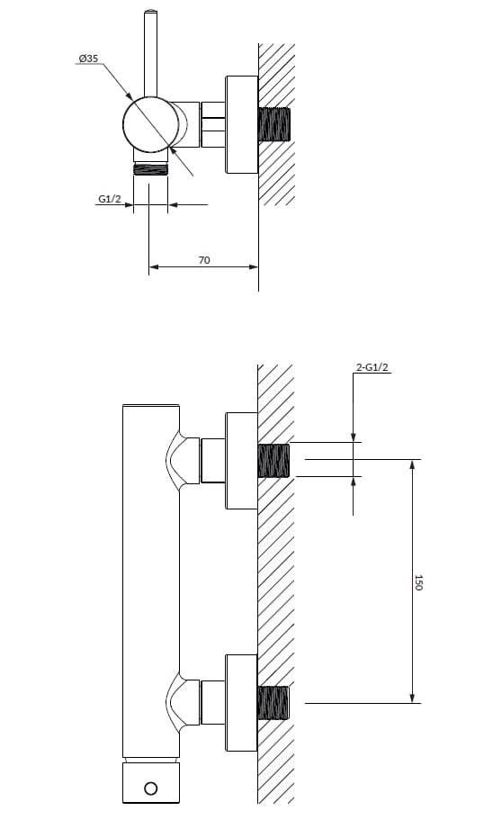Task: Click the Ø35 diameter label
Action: pyautogui.click(x=88, y=59)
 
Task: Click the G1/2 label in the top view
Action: pyautogui.click(x=110, y=199)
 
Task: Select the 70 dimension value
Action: pyautogui.click(x=204, y=260)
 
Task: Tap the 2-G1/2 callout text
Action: pyautogui.click(x=372, y=367)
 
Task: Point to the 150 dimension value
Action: pyautogui.click(x=418, y=582)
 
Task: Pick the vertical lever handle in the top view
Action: pyautogui.click(x=151, y=53)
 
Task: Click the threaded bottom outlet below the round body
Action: pyautogui.click(x=150, y=170)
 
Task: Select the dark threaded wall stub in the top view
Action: pyautogui.click(x=274, y=124)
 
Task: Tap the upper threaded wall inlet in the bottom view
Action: pyautogui.click(x=273, y=460)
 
